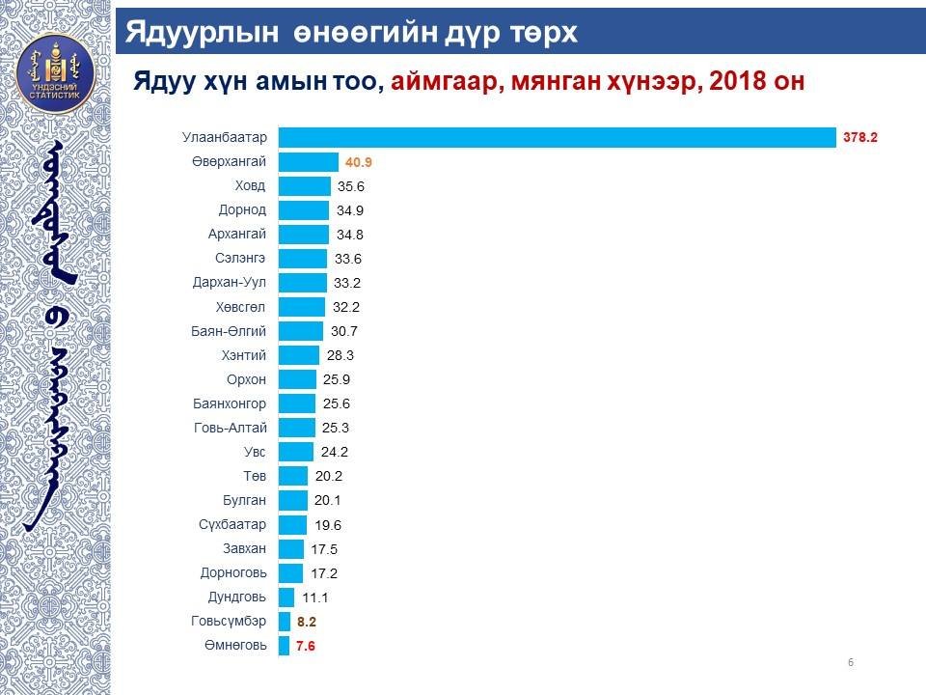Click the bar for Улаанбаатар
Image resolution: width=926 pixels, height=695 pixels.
pos(557,138)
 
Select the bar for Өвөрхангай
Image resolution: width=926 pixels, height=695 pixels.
pos(308,162)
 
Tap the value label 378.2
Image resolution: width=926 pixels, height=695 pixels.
pos(858,138)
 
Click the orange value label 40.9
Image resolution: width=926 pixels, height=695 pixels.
pos(360,163)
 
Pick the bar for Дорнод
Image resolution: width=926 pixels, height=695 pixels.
pos(304,210)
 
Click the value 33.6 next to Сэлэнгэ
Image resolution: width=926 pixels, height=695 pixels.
pos(348,259)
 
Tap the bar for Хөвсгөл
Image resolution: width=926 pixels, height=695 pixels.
pos(302,307)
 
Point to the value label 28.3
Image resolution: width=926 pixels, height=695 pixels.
pos(340,355)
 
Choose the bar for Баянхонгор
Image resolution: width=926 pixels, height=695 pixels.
pos(297,403)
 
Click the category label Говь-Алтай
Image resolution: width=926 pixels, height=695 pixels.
pos(231,428)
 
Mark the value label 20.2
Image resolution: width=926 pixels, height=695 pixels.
pos(329,476)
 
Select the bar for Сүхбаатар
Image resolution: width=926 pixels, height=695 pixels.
pos(292,525)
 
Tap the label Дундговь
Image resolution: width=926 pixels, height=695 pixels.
pos(237,598)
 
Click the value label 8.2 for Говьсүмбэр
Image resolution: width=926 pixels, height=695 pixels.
pos(306,623)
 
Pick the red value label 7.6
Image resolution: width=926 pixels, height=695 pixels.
pos(306,647)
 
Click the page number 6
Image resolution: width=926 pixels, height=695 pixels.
pos(850,662)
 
